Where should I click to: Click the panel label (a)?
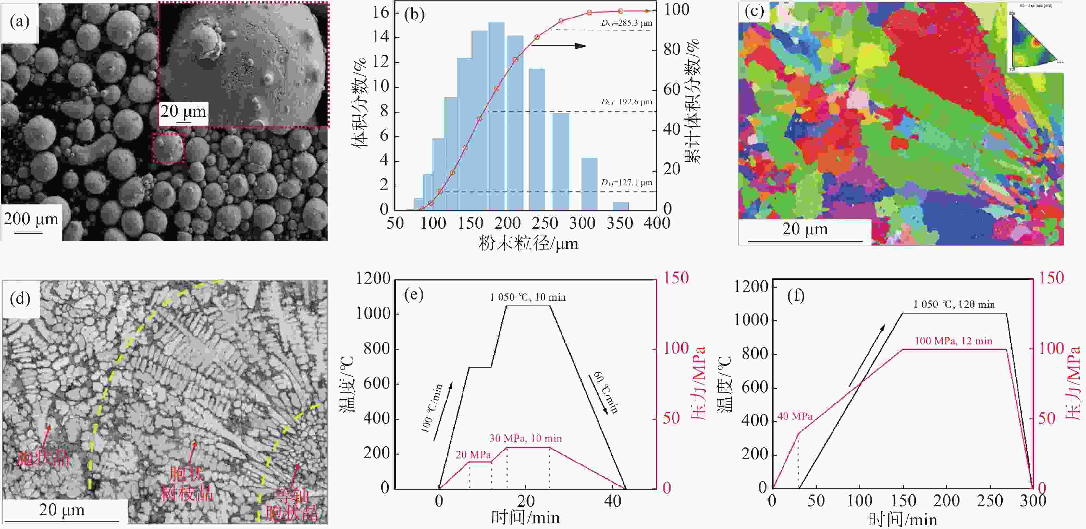point(19,21)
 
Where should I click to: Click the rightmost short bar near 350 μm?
point(621,206)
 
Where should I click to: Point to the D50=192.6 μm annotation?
point(626,102)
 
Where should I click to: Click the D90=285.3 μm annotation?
point(626,23)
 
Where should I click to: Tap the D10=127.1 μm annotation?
point(626,183)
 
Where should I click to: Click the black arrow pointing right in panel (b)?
point(559,45)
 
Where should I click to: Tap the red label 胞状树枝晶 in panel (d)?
point(187,484)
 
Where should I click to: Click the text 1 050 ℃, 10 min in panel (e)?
point(527,297)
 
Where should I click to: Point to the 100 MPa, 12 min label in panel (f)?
point(953,341)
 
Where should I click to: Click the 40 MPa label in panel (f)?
point(795,416)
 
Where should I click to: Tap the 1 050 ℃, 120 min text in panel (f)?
point(954,305)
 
